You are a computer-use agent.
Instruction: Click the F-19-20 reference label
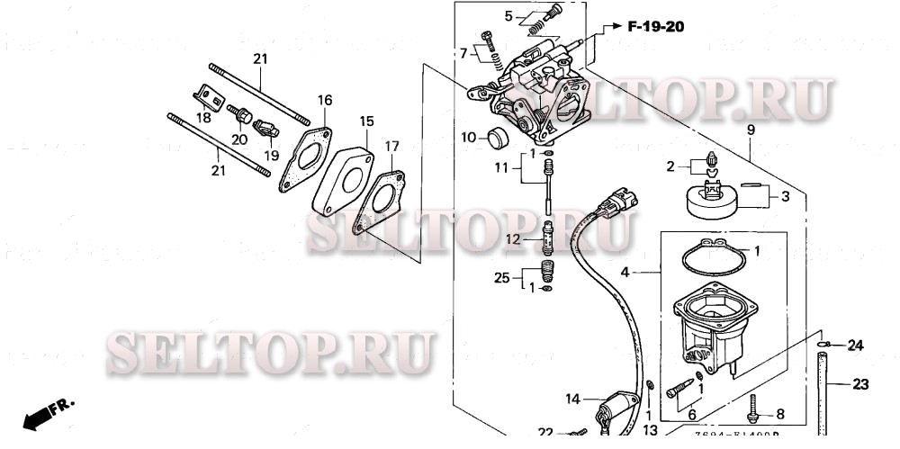pos(655,27)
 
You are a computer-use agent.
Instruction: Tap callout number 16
pos(325,99)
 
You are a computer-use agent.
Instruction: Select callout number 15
pos(366,121)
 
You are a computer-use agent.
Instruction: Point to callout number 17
pos(391,146)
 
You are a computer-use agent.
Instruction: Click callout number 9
pos(750,130)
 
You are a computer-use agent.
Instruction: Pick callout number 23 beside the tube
pos(860,384)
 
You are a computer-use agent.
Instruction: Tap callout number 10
pos(468,138)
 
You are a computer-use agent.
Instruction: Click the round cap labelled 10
pos(498,138)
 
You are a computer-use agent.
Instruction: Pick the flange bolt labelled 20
pos(242,115)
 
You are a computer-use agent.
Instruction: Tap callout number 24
pos(854,345)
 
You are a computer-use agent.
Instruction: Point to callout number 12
pos(512,239)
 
